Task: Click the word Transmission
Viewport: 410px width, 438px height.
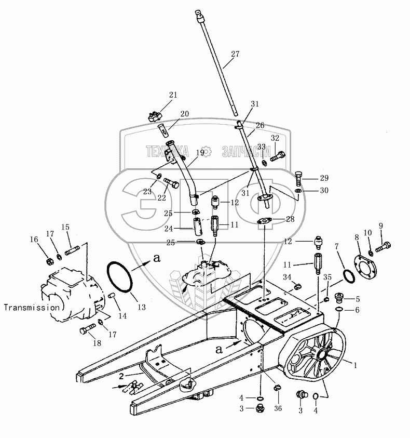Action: pos(32,308)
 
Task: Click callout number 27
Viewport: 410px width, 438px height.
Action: pos(235,54)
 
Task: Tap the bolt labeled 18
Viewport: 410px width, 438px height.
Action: pos(87,329)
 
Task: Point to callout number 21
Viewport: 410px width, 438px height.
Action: pos(173,95)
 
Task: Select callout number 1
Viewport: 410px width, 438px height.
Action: pos(355,365)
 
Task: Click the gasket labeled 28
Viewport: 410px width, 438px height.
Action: pos(264,221)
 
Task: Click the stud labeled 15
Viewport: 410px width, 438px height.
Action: pos(72,250)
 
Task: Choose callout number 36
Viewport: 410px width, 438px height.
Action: pos(278,408)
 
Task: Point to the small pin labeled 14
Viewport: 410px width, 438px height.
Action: pos(112,295)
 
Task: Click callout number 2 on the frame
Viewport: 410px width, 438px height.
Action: pos(121,376)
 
